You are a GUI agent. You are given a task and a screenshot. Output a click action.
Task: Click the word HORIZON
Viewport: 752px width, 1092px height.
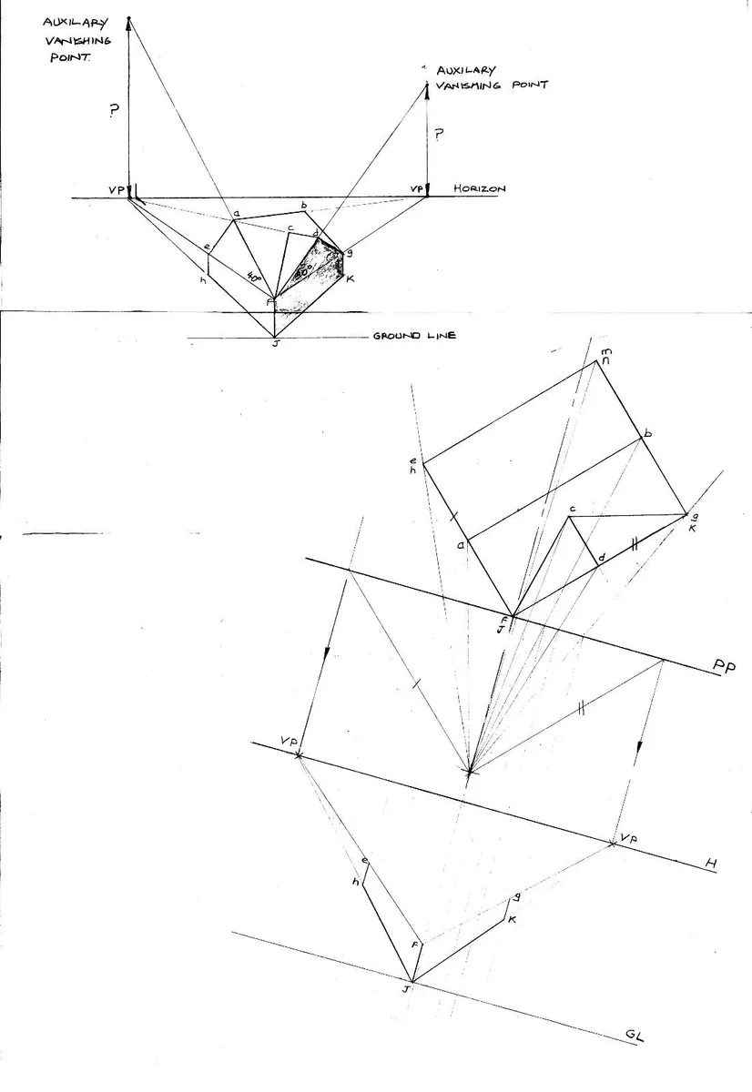click(x=479, y=188)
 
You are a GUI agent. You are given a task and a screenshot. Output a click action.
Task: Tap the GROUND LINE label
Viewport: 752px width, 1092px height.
click(x=414, y=337)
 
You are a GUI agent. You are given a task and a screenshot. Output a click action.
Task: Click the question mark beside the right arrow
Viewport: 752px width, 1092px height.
click(x=440, y=135)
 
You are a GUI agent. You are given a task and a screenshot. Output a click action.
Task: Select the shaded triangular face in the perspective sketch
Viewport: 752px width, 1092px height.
click(x=319, y=268)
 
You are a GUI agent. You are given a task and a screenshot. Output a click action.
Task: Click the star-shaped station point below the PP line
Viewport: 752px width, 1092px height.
click(x=469, y=773)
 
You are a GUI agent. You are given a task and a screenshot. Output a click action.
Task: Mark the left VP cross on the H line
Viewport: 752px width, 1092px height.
click(x=298, y=755)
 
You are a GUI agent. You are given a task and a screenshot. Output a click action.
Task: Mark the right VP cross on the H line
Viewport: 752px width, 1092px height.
click(x=612, y=844)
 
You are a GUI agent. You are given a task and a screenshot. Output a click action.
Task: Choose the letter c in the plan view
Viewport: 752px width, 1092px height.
click(x=573, y=509)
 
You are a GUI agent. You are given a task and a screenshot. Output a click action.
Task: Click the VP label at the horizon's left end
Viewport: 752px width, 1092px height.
click(x=115, y=189)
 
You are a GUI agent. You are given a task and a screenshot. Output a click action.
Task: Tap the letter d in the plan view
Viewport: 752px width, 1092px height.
click(x=601, y=557)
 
